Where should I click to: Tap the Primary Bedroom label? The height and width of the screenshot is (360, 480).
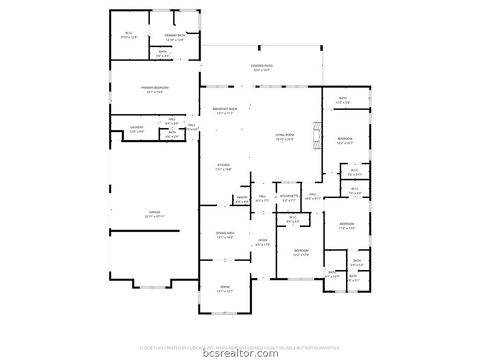click(154, 89)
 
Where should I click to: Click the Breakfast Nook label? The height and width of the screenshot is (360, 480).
click(224, 110)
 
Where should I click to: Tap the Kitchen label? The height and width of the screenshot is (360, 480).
click(224, 167)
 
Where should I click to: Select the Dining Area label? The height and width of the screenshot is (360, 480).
click(224, 235)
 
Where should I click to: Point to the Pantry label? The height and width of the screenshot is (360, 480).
click(241, 198)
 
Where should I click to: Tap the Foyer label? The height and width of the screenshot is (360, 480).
click(263, 241)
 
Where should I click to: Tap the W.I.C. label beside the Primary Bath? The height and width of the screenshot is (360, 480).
click(129, 34)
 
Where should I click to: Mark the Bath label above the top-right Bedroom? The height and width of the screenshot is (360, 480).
click(342, 100)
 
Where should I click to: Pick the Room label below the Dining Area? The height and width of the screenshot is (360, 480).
click(224, 289)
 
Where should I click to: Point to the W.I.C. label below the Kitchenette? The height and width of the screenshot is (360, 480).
click(293, 219)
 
